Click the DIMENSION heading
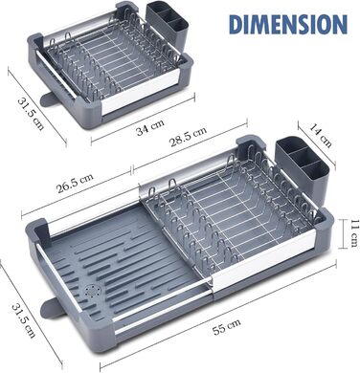coord(288,24)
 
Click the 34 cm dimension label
coord(149,127)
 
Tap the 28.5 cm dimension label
coord(188,137)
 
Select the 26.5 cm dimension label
coord(75,183)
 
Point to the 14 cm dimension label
coord(320,135)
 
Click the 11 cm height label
coord(353,233)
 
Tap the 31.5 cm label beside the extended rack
coord(23,320)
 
